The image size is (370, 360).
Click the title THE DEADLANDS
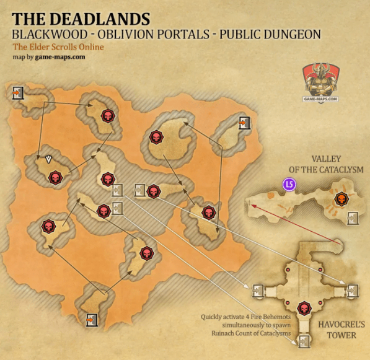[81, 19]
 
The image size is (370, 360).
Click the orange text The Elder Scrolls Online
[58, 47]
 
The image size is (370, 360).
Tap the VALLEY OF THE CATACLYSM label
[319, 164]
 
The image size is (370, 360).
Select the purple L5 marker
[289, 184]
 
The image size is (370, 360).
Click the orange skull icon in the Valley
[340, 199]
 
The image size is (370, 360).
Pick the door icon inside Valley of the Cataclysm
[353, 217]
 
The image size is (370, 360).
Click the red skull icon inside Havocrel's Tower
[304, 308]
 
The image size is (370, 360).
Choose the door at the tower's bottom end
[304, 340]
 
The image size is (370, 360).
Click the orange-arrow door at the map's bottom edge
[92, 320]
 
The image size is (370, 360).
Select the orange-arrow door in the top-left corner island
[18, 93]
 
